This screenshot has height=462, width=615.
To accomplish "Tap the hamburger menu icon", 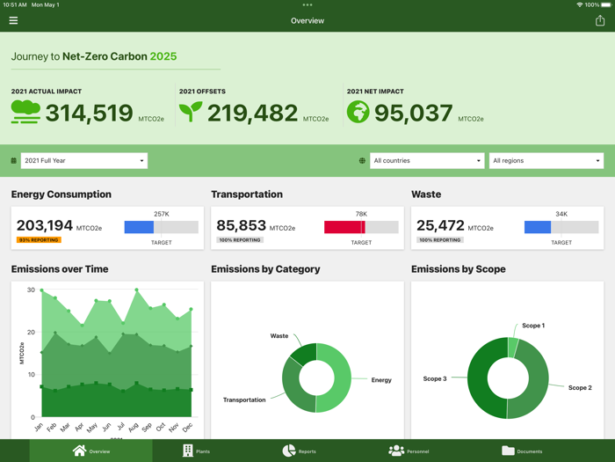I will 13,20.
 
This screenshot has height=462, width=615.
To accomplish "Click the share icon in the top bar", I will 600,20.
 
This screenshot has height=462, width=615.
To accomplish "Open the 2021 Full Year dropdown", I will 83,161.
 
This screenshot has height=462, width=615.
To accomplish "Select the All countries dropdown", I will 427,161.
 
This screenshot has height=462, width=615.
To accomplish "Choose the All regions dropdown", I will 546,161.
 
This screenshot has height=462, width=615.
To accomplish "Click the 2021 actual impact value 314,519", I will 89,114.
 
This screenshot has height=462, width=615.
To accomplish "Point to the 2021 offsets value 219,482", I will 252,114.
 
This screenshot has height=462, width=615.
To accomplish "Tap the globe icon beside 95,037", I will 358,112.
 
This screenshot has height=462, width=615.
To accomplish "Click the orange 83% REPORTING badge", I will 39,240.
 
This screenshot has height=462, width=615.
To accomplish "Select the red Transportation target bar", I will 344,227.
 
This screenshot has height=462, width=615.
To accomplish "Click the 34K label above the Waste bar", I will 561,214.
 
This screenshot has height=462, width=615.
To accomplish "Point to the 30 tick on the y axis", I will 31,290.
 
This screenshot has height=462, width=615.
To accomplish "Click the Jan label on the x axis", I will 39,427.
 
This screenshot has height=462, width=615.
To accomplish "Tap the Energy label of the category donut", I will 381,380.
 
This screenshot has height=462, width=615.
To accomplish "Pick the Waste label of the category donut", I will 279,335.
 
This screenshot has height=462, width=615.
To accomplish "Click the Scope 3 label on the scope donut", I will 435,378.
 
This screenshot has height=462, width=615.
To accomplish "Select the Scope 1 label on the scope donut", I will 532,326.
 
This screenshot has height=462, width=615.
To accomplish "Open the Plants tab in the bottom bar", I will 196,451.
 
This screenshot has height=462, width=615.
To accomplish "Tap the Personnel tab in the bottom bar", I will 409,451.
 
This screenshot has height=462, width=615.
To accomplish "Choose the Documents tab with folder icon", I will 522,451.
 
